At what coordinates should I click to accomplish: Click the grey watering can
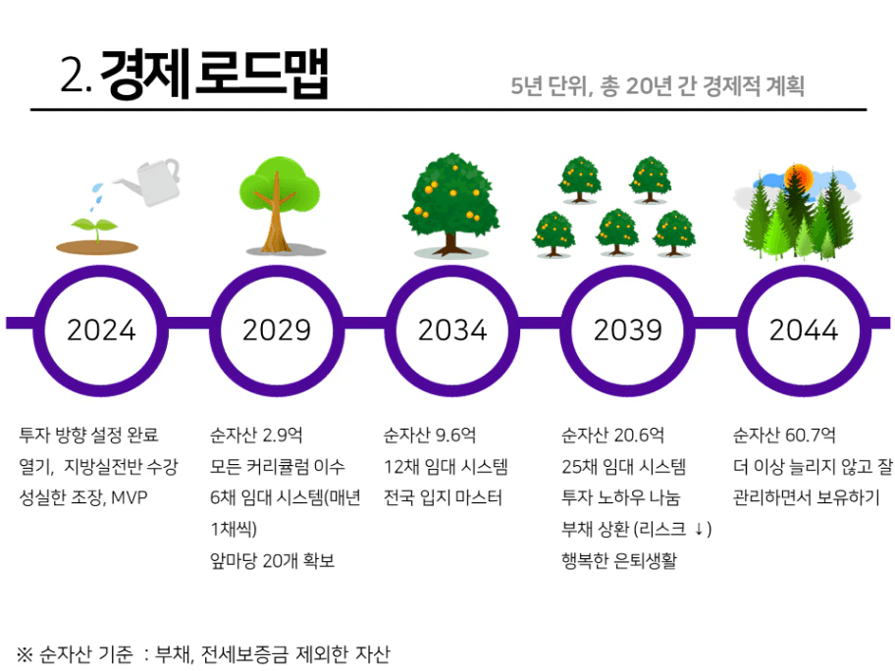point(152,181)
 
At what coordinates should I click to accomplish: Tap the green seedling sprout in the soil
point(96,228)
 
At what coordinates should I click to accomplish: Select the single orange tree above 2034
point(450,204)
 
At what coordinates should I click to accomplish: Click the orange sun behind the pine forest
point(799,177)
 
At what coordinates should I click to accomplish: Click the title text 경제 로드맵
point(214,75)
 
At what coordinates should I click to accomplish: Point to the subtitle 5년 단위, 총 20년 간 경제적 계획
point(658,86)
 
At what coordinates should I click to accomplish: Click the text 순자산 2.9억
point(256,436)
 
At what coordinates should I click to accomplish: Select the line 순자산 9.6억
point(430,436)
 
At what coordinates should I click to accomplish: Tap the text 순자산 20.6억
point(613,436)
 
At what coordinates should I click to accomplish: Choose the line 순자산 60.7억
point(784,436)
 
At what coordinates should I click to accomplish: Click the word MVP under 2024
point(130,497)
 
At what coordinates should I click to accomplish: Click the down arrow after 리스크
point(699,530)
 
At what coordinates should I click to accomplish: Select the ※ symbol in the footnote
point(25,654)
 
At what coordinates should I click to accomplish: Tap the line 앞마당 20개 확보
point(272,561)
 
